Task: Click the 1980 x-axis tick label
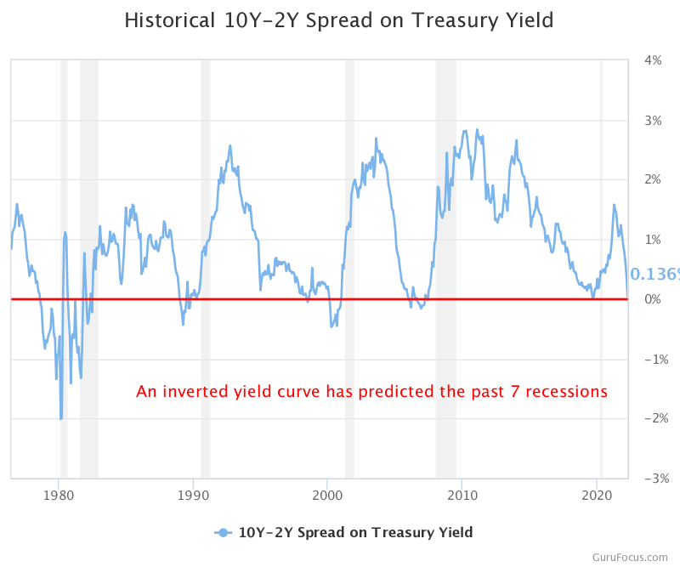point(58,496)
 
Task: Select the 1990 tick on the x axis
point(193,496)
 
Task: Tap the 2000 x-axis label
point(327,496)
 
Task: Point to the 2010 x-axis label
point(462,496)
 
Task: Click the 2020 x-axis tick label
point(598,496)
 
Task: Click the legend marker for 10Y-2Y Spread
point(223,533)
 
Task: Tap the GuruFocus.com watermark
point(632,557)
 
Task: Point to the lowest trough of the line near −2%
point(60,418)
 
